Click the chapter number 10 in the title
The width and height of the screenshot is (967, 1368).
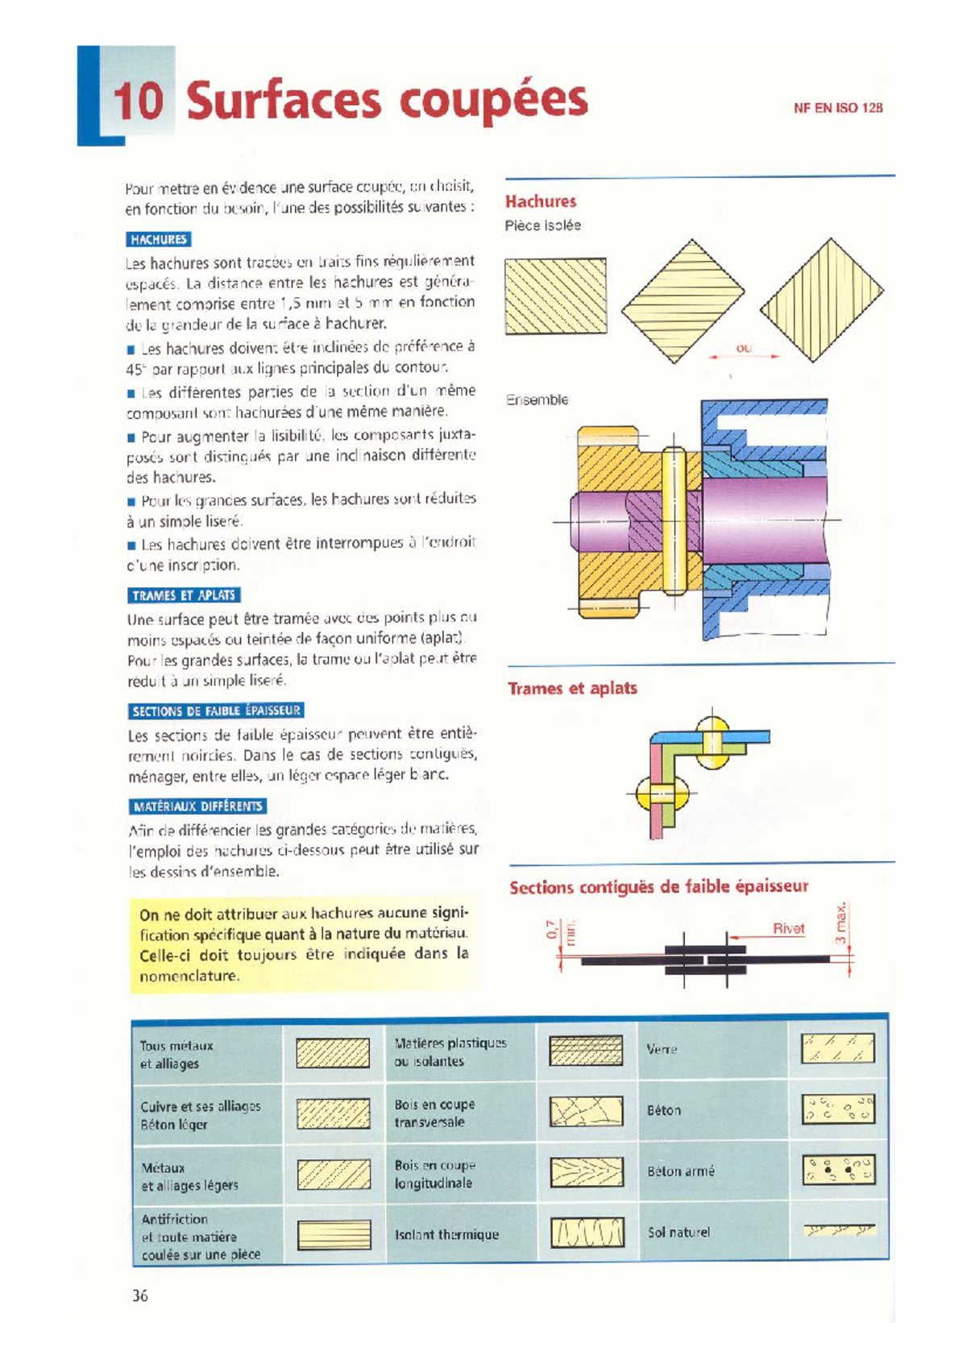(x=138, y=101)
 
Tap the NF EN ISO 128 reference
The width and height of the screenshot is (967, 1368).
(x=838, y=108)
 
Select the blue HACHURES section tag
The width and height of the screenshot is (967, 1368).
(x=159, y=239)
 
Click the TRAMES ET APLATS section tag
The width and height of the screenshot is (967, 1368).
(x=184, y=595)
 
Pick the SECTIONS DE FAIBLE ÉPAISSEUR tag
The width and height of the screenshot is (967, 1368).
(x=216, y=711)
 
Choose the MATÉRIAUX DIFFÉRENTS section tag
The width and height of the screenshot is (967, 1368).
(x=197, y=806)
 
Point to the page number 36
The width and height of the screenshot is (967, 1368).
(x=140, y=1295)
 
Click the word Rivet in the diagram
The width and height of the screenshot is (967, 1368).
(x=788, y=928)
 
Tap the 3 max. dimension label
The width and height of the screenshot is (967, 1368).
(x=840, y=924)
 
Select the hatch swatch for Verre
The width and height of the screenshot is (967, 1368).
(x=837, y=1048)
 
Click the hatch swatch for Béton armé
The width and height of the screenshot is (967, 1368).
(x=838, y=1170)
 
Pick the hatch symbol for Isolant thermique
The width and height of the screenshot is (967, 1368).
(x=587, y=1233)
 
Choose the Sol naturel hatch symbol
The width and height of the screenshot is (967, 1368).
(x=838, y=1230)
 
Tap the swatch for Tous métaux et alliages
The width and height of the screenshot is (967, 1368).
(x=333, y=1053)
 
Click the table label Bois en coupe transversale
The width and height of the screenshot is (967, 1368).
(x=434, y=1113)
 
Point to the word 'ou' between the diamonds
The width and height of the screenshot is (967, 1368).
(x=743, y=348)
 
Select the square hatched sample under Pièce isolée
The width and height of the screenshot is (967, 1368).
(x=555, y=296)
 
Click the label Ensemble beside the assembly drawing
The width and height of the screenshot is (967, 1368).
(x=537, y=400)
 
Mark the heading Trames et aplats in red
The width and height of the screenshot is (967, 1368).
(x=572, y=688)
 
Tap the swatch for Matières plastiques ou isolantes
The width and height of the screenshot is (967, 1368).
(x=586, y=1051)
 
